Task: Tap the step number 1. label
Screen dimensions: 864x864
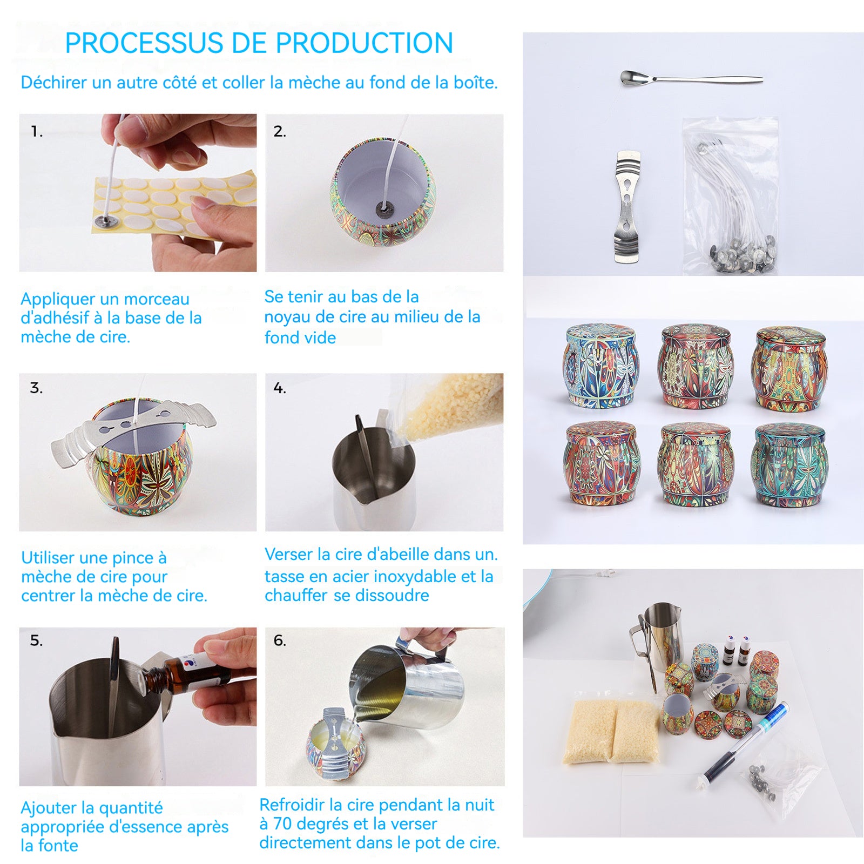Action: [37, 131]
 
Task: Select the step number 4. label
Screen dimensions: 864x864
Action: [280, 388]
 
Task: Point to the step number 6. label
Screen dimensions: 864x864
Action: [280, 640]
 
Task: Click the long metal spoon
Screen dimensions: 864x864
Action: [691, 79]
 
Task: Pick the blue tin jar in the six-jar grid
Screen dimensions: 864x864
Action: [600, 366]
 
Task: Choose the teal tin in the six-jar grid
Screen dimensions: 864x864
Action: [789, 464]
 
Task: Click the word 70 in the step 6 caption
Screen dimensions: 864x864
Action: [282, 823]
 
